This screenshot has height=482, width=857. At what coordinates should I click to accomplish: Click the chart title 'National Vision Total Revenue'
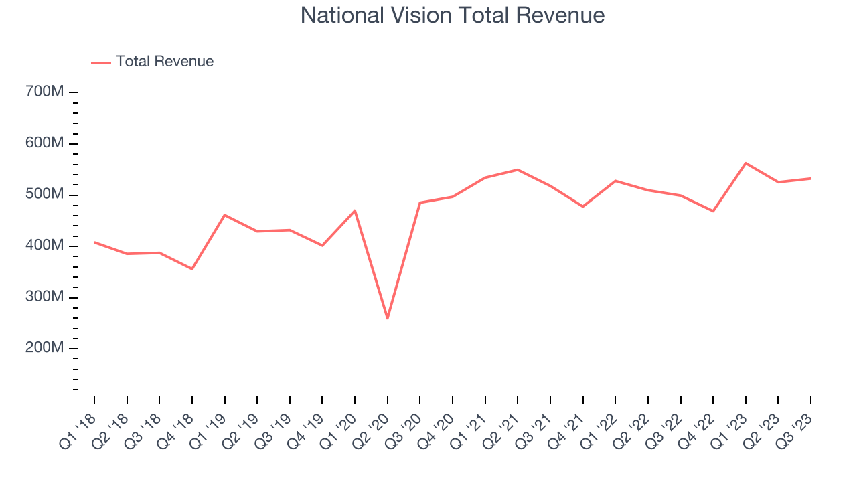453,15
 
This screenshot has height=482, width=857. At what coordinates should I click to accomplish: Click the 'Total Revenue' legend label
165,62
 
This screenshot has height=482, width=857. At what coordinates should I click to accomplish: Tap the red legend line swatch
101,62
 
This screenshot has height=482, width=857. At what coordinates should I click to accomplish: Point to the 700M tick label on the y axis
46,92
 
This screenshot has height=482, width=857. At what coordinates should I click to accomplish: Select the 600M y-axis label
46,143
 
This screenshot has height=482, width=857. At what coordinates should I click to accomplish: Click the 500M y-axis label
46,195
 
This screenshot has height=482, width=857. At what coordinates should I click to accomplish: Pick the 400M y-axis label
46,246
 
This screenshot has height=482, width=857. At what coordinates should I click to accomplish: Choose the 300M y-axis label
46,297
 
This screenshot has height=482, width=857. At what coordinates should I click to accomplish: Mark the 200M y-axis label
46,349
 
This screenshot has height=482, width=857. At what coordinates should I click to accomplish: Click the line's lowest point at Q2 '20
388,318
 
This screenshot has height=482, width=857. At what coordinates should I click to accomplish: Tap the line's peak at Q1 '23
746,163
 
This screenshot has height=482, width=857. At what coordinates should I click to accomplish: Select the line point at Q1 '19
225,215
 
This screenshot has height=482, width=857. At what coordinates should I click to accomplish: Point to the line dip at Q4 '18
192,269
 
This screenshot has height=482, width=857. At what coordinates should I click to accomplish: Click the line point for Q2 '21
518,169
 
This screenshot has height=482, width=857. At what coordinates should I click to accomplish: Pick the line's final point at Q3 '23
810,179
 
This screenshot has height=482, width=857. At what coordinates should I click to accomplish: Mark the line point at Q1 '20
355,210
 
